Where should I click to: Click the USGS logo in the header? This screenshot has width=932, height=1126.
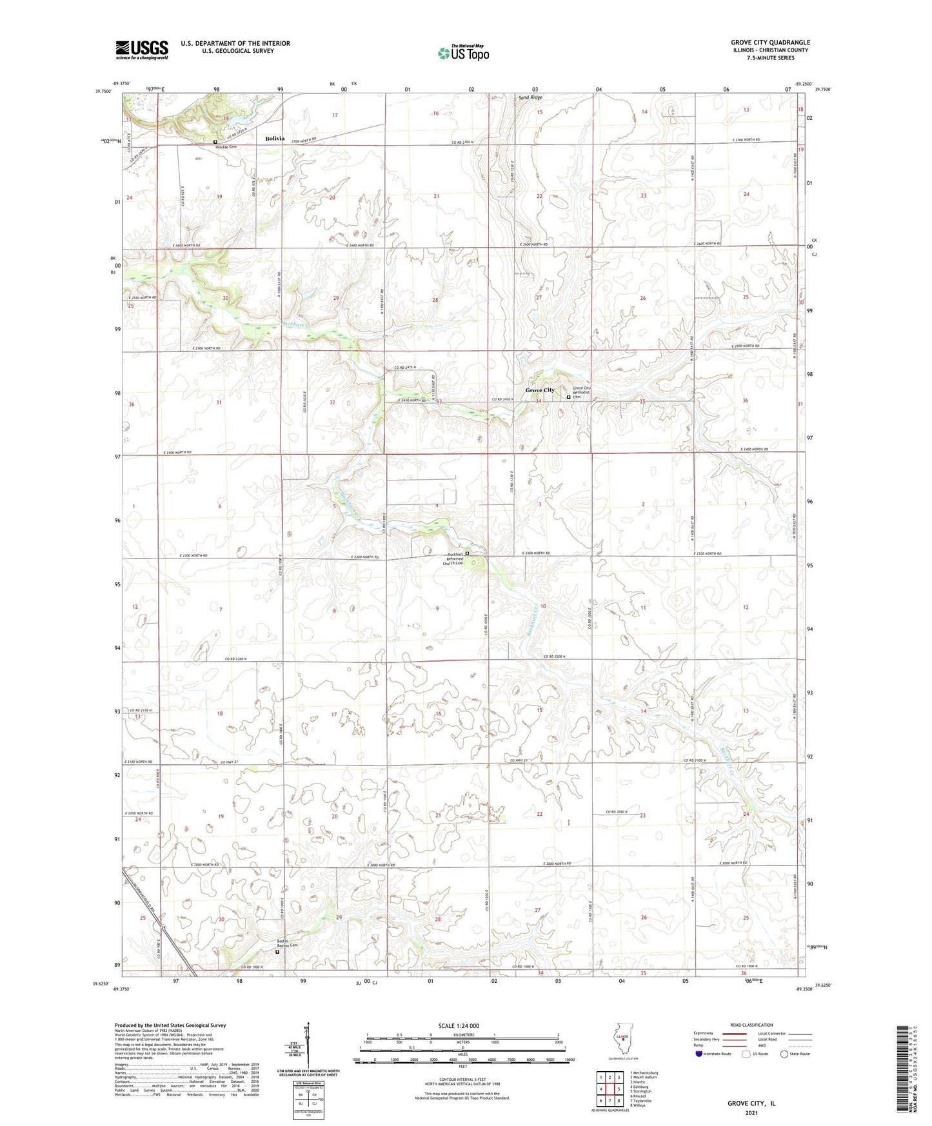(141, 49)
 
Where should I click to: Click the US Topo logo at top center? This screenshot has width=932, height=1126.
(462, 53)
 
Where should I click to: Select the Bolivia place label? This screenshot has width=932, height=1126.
(275, 139)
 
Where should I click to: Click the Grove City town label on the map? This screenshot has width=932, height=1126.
(540, 390)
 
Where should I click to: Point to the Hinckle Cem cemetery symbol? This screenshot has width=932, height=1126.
(215, 141)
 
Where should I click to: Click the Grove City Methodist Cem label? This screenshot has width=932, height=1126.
(582, 392)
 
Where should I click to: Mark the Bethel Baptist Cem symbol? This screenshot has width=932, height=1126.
(278, 951)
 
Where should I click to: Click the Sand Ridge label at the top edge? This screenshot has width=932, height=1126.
(531, 97)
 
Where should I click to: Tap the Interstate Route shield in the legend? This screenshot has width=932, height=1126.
(700, 1054)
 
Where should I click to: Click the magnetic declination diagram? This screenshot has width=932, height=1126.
(308, 1045)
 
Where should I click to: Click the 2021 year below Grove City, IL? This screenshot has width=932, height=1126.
(751, 1112)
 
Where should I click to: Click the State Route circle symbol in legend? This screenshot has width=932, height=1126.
(785, 1054)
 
